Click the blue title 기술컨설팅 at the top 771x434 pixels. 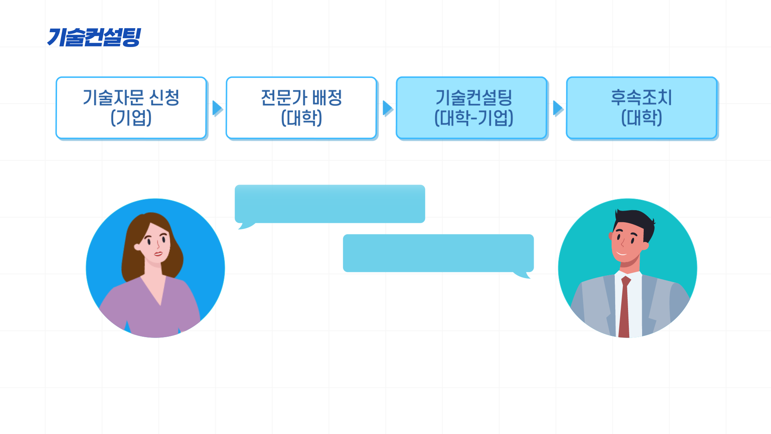(x=94, y=37)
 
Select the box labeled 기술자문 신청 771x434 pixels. (x=131, y=108)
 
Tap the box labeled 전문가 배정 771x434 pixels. (x=301, y=108)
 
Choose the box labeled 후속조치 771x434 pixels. (x=641, y=108)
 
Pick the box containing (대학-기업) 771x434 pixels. (x=471, y=108)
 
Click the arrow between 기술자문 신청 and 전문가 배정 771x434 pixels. (x=217, y=108)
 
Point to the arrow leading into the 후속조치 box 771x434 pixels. (x=558, y=108)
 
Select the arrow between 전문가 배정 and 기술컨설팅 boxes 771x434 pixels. (x=388, y=108)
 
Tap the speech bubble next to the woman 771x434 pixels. (x=330, y=204)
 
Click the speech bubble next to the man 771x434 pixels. (x=438, y=253)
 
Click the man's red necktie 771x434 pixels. (x=624, y=309)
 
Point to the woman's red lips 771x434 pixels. (x=158, y=254)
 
